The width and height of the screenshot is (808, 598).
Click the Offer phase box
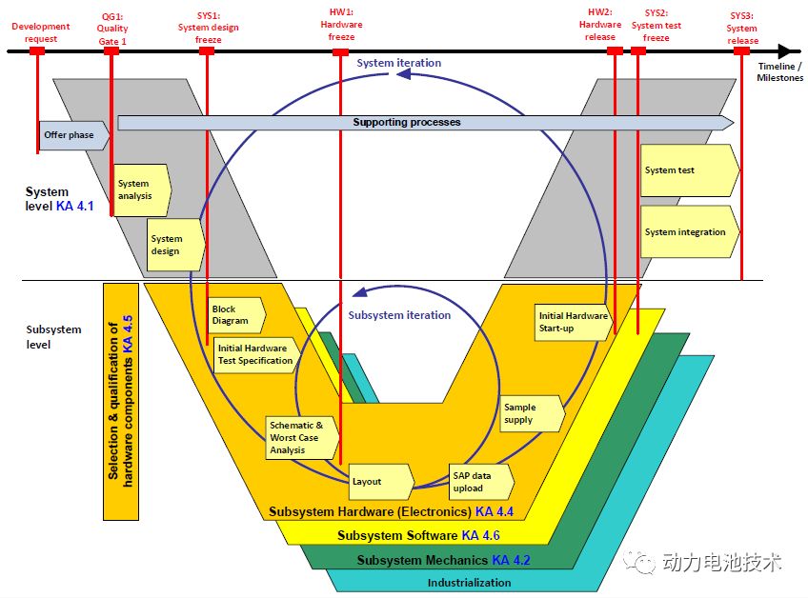(74, 135)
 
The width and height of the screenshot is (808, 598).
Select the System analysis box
(142, 190)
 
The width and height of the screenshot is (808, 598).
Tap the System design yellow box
(175, 245)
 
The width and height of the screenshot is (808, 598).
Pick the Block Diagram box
(236, 314)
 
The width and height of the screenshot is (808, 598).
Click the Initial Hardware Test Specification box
(256, 355)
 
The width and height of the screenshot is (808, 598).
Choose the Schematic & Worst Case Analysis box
(302, 438)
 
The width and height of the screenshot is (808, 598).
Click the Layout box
(381, 482)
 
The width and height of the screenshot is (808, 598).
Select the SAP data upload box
(481, 482)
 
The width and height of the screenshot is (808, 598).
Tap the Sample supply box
(532, 413)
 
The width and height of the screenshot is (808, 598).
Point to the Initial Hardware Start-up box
(574, 322)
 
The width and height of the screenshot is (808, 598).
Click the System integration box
(690, 231)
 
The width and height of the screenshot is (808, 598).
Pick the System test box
(690, 170)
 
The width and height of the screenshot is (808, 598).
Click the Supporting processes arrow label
(407, 122)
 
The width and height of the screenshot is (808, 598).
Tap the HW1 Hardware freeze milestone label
(341, 24)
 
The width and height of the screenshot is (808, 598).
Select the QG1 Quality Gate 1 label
(112, 29)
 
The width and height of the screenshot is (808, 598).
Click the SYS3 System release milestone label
(742, 29)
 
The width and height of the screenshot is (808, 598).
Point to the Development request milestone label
(41, 32)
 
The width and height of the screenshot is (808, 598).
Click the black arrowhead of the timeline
(787, 51)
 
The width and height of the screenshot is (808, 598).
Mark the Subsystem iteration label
(399, 315)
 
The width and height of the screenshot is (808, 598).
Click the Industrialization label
(470, 583)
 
